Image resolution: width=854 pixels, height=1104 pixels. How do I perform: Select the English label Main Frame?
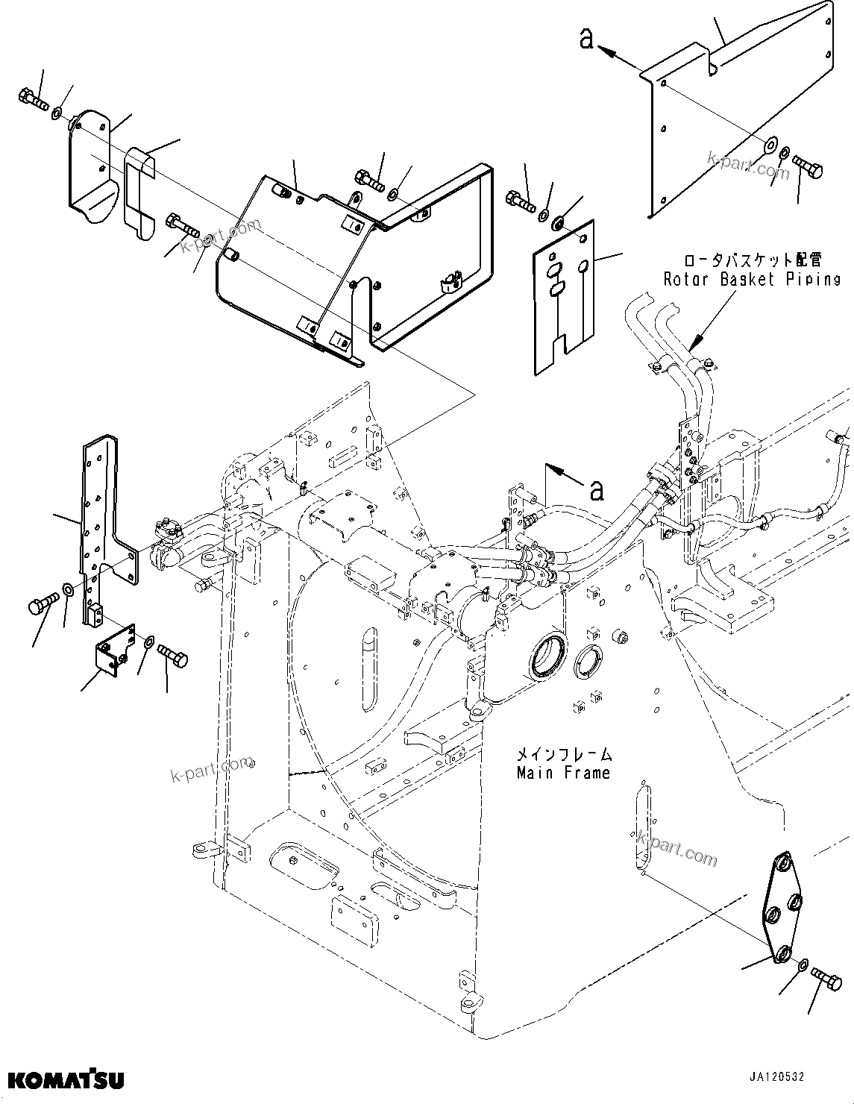[563, 773]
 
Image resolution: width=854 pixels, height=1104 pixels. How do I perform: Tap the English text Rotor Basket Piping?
[752, 279]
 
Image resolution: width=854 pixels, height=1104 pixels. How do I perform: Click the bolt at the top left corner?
[32, 100]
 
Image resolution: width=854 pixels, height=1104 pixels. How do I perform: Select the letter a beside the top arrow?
[586, 39]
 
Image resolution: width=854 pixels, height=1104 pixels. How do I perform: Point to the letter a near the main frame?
[596, 490]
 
